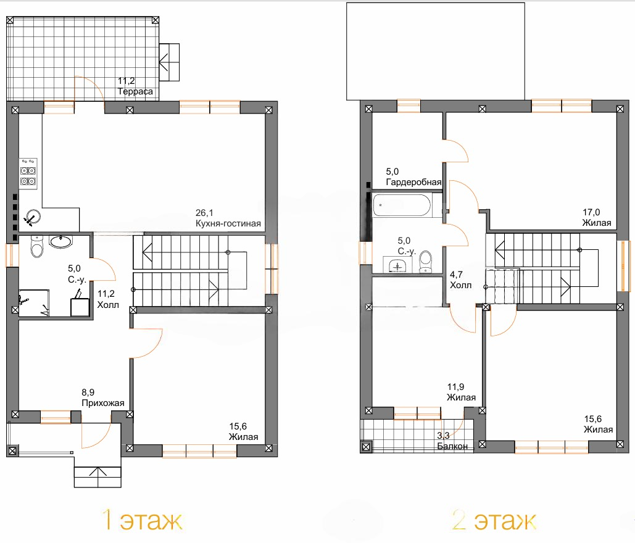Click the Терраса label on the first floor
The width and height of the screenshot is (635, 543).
(x=135, y=91)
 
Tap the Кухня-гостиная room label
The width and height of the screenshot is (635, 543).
(x=228, y=223)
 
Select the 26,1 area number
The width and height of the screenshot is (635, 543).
(x=204, y=213)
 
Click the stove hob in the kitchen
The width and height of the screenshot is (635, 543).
(x=28, y=173)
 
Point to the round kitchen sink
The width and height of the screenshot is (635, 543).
(x=32, y=217)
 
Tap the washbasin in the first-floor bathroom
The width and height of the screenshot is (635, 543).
(x=60, y=241)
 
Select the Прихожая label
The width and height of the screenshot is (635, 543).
(x=103, y=403)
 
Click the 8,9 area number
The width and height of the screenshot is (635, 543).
(x=88, y=392)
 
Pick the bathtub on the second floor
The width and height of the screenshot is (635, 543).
(x=402, y=205)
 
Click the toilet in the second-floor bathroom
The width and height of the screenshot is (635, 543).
(x=425, y=262)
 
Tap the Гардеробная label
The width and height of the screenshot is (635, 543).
(x=413, y=182)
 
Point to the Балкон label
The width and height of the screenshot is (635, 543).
(x=452, y=446)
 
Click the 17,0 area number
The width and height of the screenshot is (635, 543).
(x=591, y=212)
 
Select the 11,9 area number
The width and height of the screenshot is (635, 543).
(x=455, y=387)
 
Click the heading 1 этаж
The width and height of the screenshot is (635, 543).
(x=142, y=520)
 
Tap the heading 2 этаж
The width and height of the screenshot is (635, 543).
(x=494, y=520)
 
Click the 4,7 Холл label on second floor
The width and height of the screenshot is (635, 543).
(x=460, y=280)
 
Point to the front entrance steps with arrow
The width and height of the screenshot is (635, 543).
(x=98, y=476)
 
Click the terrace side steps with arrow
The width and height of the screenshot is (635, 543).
(x=169, y=62)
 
